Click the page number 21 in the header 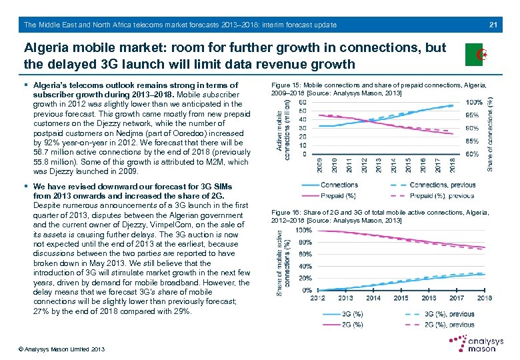pos(494,25)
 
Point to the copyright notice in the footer pos(54,349)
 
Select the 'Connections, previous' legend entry pos(442,185)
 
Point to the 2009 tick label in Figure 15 pos(321,165)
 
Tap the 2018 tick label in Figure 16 pos(485,298)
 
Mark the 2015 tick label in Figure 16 pos(401,298)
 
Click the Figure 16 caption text pos(380,216)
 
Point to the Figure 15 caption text pos(379,89)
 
